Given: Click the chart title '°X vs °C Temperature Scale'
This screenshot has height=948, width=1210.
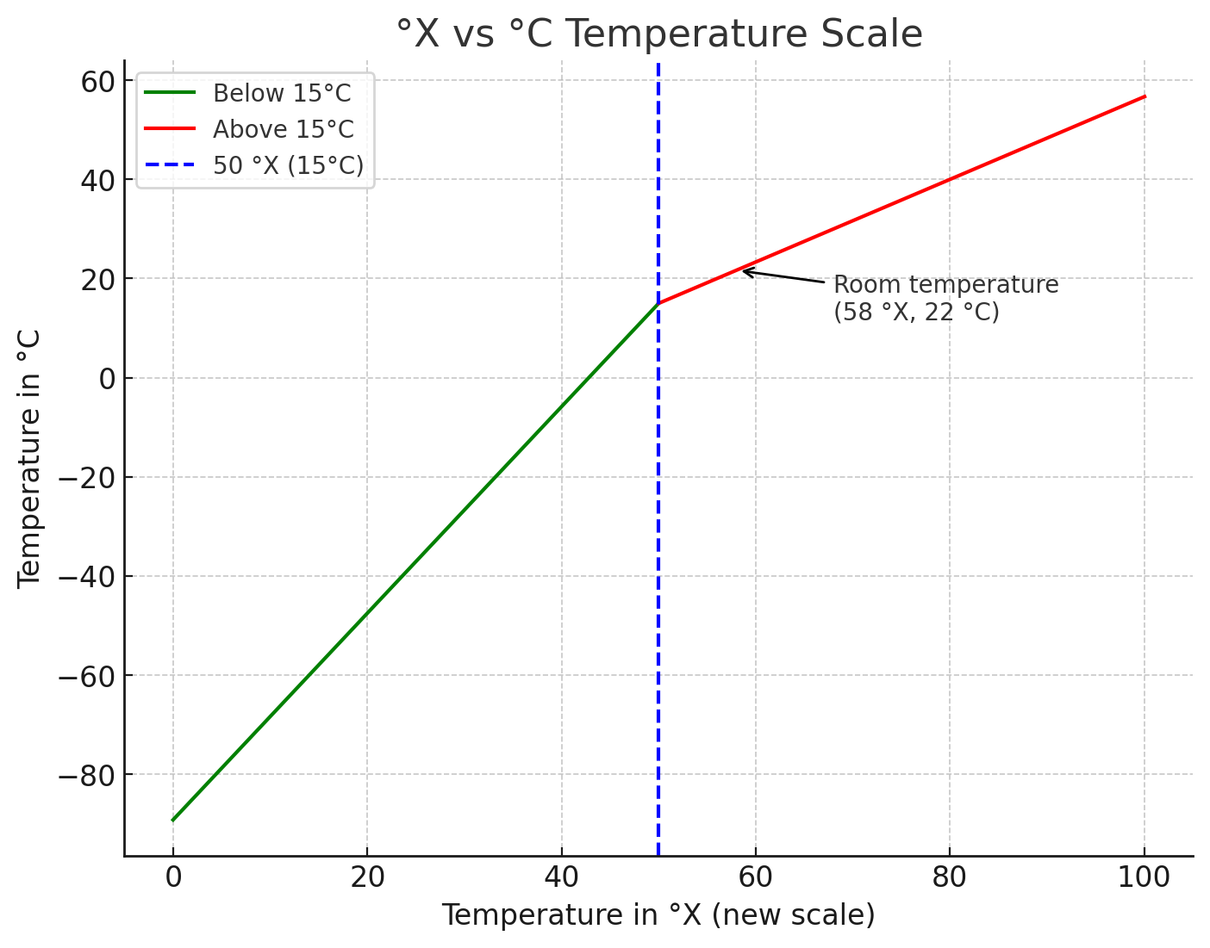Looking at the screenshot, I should (x=659, y=34).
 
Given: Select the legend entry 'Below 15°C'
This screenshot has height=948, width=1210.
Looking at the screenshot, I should (x=282, y=93).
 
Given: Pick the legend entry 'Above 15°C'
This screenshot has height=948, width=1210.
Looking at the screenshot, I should (x=283, y=129).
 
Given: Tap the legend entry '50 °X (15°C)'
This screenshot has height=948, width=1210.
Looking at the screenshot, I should (x=288, y=165).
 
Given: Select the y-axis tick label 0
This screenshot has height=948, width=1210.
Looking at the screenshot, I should (x=107, y=378).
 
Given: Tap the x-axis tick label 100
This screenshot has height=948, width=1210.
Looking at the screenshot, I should (x=1145, y=878).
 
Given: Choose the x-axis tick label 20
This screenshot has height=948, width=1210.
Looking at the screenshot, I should (x=367, y=878).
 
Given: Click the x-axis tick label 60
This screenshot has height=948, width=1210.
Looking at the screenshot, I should (x=756, y=878).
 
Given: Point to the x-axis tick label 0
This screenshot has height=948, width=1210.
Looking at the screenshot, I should (x=173, y=878).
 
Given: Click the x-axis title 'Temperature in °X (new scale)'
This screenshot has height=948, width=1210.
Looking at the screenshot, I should (x=658, y=915).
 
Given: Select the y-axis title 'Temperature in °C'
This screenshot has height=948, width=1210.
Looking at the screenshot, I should (x=29, y=459).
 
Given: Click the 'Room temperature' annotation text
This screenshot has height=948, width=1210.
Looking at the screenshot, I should (x=945, y=285).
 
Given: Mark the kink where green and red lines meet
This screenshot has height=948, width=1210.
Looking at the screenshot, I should (x=658, y=303).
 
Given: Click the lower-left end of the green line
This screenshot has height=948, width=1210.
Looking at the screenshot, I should (x=173, y=820).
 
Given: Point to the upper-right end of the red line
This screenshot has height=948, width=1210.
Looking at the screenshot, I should (x=1145, y=96).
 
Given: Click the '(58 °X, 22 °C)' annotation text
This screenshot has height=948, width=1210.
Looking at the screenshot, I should (x=916, y=312).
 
